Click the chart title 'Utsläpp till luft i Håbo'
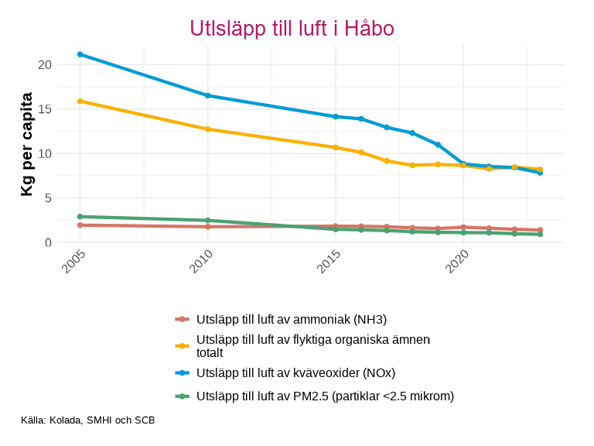point(292,29)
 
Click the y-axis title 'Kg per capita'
point(27,144)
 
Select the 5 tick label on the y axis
point(48,198)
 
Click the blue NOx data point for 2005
point(80,54)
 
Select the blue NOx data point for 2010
point(207,95)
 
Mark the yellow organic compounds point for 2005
point(80,101)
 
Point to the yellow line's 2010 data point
point(207,129)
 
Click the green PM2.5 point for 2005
point(80,217)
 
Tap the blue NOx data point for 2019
point(438,145)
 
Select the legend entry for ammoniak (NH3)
point(291,319)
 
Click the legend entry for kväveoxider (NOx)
point(295,372)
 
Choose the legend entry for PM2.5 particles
point(325,396)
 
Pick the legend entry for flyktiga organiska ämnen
point(313,345)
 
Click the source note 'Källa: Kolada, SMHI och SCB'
point(88,420)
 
